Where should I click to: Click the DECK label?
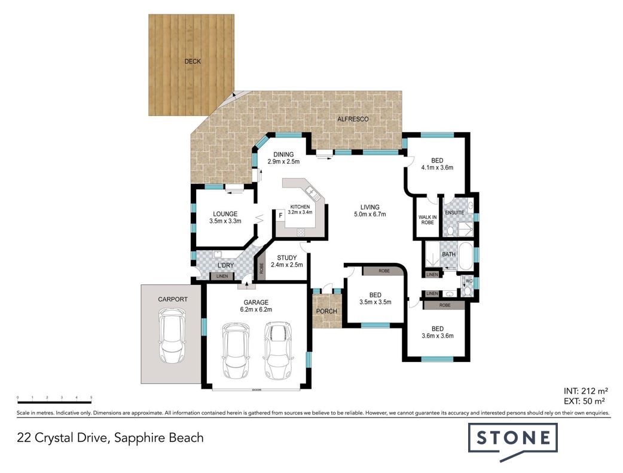[x=193, y=62]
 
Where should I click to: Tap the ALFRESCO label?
[x=353, y=119]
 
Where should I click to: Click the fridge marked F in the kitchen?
[x=280, y=216]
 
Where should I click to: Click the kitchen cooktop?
[x=301, y=232]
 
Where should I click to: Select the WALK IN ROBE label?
[x=427, y=220]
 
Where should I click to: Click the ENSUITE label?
[x=454, y=213]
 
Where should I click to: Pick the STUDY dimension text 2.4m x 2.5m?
[x=287, y=265]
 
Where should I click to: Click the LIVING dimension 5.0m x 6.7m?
[x=370, y=214]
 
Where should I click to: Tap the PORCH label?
[x=326, y=311]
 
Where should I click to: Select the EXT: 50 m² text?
[x=585, y=401]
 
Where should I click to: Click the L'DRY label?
[x=225, y=266]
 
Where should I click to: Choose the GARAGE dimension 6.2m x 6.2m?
[x=256, y=309]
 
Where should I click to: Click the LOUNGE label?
[x=225, y=214]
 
